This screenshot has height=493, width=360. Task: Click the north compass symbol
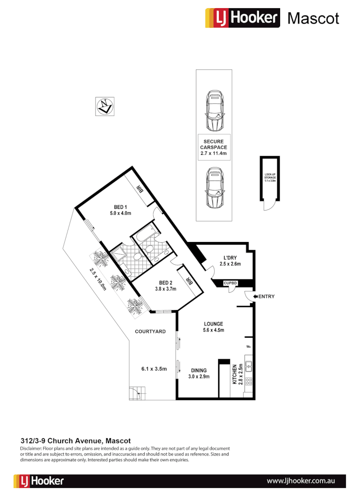106,106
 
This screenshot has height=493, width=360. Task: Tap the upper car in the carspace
214,110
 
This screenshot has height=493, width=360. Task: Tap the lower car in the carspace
214,187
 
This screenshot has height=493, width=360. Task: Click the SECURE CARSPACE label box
214,147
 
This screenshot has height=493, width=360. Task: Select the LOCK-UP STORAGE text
270,178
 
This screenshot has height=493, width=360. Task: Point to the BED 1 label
120,207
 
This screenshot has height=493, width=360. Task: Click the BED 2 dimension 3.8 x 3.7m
165,288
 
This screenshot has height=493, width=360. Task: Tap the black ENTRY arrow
256,297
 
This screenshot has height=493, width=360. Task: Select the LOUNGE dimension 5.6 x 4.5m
214,330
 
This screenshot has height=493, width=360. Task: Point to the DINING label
198,370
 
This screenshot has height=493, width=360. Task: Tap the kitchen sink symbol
249,365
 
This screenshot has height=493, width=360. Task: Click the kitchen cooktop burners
249,381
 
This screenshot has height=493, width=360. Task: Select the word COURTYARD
150,331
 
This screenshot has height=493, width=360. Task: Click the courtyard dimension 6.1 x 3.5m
153,369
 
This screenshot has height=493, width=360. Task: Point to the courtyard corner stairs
137,393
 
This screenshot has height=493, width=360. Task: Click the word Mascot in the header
313,18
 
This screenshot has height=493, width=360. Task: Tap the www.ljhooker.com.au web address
301,481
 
